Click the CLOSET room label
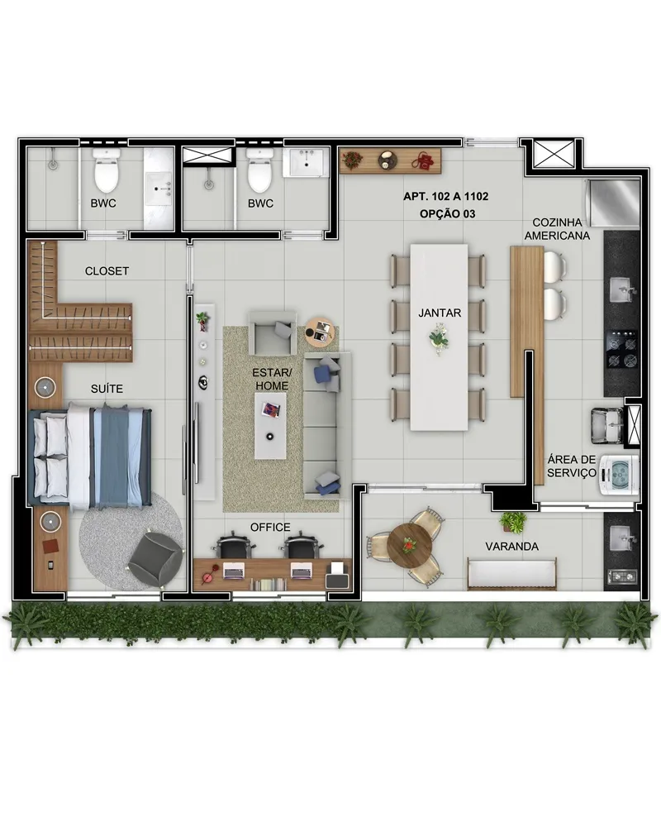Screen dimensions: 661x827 tap(107, 271)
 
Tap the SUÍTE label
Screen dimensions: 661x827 tap(107, 389)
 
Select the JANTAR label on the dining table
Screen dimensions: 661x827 tap(440, 313)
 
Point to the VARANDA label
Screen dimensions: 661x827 tap(511, 547)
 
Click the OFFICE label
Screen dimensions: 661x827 tap(270, 528)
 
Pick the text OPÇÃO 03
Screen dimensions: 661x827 tap(448, 213)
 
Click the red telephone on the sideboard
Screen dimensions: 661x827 tap(422, 160)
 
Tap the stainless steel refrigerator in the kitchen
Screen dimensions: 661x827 tap(613, 203)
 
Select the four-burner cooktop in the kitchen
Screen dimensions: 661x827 tap(623, 350)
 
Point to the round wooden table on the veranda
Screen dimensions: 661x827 tap(410, 545)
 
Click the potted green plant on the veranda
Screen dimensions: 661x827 tap(513, 522)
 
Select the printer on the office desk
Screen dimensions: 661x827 tap(337, 576)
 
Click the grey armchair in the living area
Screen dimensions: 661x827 tap(273, 332)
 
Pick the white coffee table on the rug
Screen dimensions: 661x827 tap(270, 426)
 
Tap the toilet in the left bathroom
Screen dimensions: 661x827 tap(107, 170)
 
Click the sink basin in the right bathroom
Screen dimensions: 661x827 tap(306, 162)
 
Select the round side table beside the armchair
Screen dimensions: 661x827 tap(320, 332)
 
